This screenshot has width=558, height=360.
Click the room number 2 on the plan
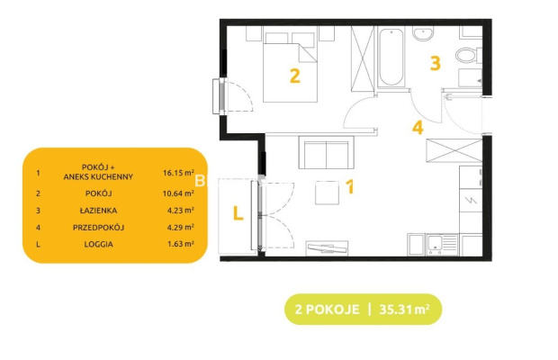pos(295,76)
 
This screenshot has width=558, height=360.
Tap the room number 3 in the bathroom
pos(436,63)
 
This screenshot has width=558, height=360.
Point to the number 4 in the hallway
pos(418,128)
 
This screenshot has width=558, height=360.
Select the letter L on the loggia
pos(238,213)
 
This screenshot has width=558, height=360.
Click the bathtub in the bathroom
pos(391,58)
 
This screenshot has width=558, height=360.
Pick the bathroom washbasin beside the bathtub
pos(424,33)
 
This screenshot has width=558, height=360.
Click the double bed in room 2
pos(290,67)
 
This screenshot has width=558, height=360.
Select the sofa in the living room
pos(327,152)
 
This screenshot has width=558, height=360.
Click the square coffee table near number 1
pos(327,193)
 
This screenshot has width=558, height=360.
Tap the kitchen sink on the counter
pos(442,245)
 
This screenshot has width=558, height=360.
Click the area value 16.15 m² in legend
pos(178,173)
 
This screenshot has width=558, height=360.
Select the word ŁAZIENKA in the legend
pos(98,211)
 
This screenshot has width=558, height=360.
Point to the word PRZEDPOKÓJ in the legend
pos(99,228)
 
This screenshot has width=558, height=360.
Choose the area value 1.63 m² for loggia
pos(180,244)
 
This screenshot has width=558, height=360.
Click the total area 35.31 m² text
pos(404,309)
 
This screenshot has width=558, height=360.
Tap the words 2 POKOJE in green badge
pos(327,309)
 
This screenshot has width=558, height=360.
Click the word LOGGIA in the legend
pos(99,244)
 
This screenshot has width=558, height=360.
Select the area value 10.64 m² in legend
pos(178,193)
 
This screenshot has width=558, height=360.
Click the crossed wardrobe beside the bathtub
pos(363,58)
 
